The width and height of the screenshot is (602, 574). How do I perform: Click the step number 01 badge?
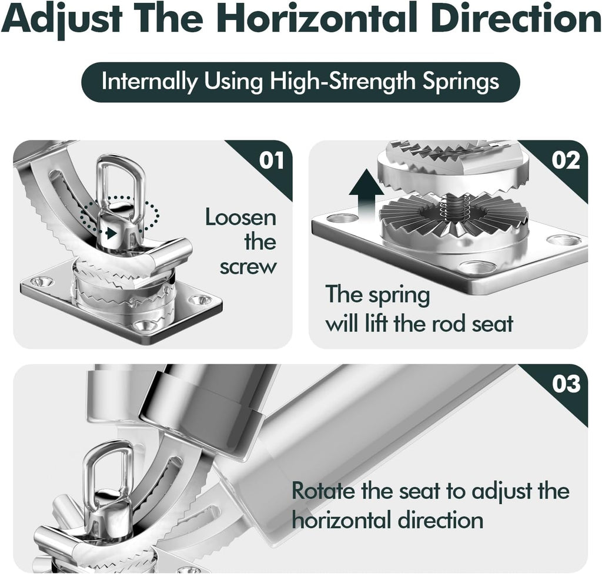coord(272,160)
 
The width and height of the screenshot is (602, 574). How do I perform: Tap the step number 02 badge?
coord(566,160)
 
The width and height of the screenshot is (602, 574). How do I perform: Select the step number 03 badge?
coord(566,384)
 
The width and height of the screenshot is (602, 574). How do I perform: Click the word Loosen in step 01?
coord(240,217)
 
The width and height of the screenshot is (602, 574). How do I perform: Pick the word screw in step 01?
coord(248,267)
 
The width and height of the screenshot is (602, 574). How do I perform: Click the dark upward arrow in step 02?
coord(367,197)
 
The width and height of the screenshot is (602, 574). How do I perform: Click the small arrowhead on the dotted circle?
coord(112,233)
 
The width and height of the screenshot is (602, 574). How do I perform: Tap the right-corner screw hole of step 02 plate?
coord(566,241)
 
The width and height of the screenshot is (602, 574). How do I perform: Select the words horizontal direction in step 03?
coord(387,521)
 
